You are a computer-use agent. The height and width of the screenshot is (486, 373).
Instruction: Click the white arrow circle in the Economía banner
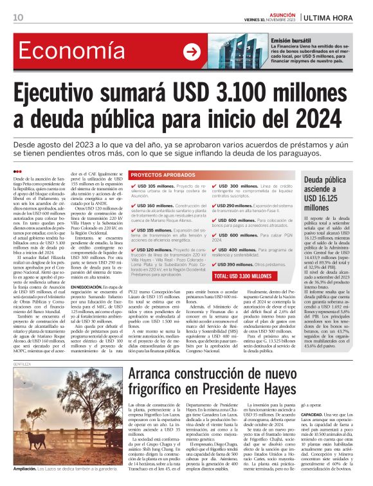(x=191, y=52)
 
